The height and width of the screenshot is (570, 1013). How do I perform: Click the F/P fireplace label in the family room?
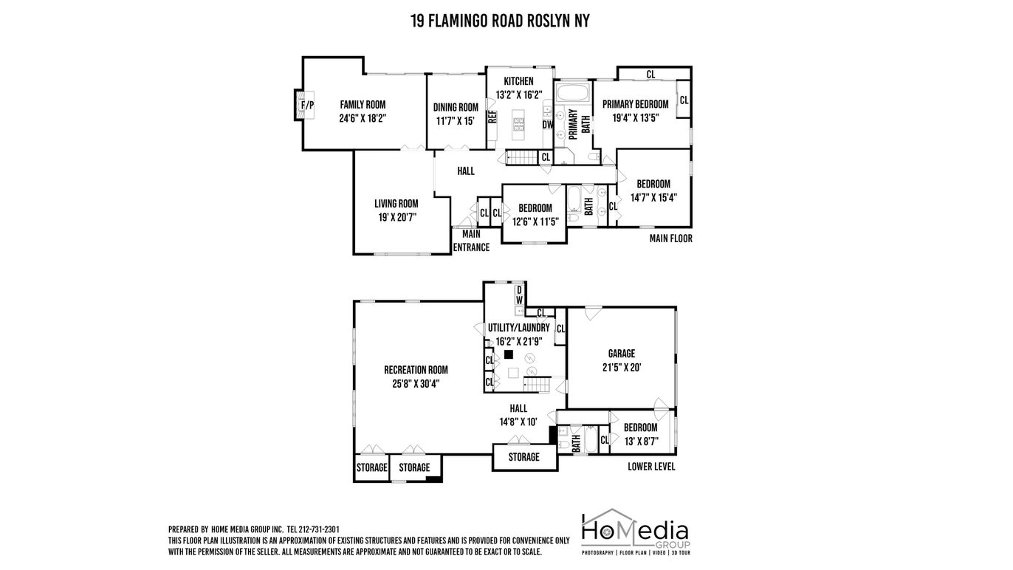(307, 106)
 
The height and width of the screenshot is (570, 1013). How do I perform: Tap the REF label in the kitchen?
(492, 117)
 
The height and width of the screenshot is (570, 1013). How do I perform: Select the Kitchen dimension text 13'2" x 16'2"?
(519, 95)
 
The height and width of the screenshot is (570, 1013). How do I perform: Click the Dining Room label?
(456, 107)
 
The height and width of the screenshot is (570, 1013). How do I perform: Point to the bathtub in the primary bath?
(573, 92)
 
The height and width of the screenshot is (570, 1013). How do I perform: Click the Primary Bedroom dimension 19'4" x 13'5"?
(636, 118)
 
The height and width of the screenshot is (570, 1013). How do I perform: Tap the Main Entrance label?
(471, 241)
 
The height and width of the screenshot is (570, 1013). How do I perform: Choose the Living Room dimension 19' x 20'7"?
(396, 217)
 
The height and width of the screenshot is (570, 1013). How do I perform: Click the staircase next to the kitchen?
(522, 157)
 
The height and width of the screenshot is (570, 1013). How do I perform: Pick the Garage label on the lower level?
(622, 354)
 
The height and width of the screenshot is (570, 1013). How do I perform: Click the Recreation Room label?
(416, 370)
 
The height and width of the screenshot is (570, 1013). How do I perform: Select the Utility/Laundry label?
(519, 328)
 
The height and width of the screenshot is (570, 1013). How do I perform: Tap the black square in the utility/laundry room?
(509, 354)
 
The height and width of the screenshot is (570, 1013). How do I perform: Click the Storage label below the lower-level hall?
(523, 457)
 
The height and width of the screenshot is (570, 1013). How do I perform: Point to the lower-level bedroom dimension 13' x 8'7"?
(641, 441)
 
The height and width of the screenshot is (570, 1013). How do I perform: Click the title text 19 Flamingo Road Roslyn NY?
(500, 21)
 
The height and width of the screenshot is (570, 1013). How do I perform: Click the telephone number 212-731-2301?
(319, 529)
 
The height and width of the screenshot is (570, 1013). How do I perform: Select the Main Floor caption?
(670, 238)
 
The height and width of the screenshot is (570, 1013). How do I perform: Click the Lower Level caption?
(651, 467)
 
